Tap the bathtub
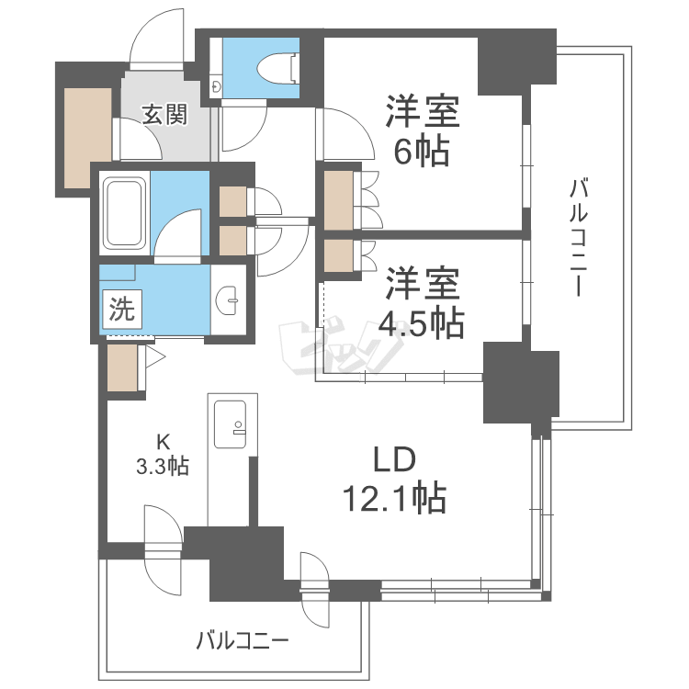[x=125, y=213]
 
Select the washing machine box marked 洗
[x=122, y=310]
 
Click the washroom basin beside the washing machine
[x=227, y=301]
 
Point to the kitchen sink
[x=230, y=424]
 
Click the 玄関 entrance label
[x=164, y=114]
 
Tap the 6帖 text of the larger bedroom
[x=422, y=152]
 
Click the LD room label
[x=394, y=459]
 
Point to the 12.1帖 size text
[x=394, y=498]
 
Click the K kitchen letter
[x=163, y=442]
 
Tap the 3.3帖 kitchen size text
[x=163, y=466]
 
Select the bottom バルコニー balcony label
[x=243, y=641]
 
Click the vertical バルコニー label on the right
[x=579, y=237]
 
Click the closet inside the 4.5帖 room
[x=338, y=255]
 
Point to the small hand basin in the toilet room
[x=216, y=84]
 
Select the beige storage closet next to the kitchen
[x=122, y=367]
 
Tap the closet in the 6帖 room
[x=338, y=200]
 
